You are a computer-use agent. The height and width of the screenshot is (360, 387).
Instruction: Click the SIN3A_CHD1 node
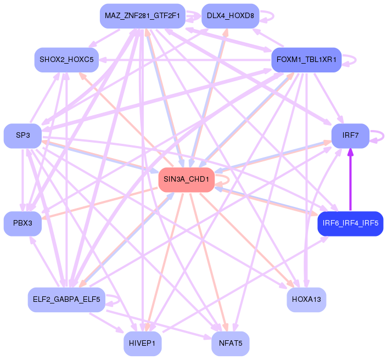click(186, 180)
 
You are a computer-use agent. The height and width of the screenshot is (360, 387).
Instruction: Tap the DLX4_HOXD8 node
click(230, 16)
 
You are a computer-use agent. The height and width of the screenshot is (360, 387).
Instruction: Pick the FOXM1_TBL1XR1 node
click(306, 59)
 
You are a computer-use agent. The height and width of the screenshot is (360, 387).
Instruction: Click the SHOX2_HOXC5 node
click(66, 59)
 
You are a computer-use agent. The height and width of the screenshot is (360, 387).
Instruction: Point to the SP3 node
click(23, 136)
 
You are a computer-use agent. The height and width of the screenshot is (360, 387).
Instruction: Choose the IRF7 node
click(350, 136)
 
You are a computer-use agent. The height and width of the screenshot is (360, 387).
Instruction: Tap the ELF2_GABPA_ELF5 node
click(66, 300)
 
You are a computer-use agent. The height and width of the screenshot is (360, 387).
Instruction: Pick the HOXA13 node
click(306, 300)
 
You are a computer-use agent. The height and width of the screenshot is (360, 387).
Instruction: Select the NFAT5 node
click(230, 343)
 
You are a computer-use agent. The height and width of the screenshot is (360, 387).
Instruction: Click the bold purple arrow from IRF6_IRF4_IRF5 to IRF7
click(350, 181)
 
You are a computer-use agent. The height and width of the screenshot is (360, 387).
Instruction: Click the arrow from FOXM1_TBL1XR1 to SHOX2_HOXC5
click(187, 59)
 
